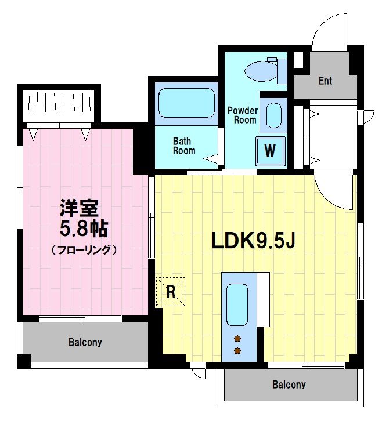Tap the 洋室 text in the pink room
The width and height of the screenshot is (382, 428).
[80, 208]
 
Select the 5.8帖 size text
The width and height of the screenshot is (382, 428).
[84, 228]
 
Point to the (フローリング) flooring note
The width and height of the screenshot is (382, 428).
[84, 251]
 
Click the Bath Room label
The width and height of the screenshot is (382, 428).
[183, 146]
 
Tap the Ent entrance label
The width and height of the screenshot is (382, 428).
[325, 81]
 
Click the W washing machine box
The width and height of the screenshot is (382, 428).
[270, 151]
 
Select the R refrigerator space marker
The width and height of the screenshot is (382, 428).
[171, 292]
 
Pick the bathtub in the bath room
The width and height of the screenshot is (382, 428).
[186, 103]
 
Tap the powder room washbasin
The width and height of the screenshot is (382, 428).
[272, 115]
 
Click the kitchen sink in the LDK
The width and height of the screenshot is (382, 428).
[237, 304]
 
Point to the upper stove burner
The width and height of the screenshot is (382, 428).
[237, 339]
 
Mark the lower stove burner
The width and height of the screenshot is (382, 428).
[237, 350]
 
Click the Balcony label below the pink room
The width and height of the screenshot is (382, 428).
[85, 342]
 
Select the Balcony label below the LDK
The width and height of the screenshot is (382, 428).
[289, 385]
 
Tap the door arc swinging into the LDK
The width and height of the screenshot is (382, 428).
[334, 191]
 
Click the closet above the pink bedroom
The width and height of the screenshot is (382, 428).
[59, 104]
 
